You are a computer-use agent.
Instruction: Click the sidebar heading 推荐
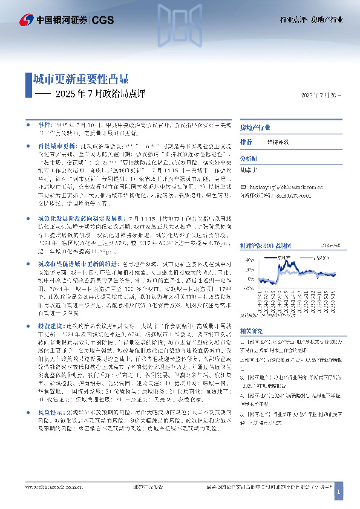(x=246, y=141)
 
